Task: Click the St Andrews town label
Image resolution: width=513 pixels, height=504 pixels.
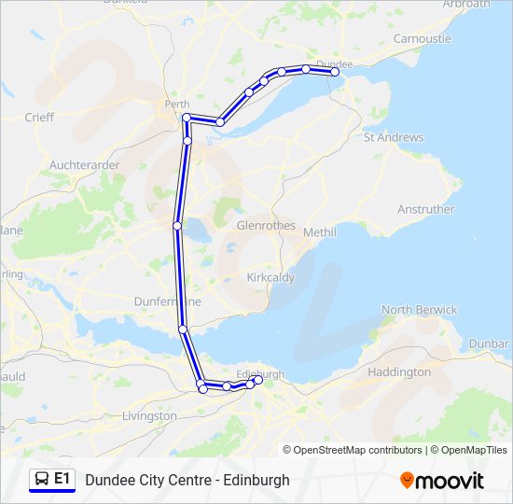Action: pos(393,137)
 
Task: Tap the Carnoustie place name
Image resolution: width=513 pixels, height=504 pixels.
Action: pos(422,38)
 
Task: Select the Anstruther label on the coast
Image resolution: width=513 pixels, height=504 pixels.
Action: pos(425,209)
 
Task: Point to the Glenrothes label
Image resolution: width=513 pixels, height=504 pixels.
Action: pos(266,226)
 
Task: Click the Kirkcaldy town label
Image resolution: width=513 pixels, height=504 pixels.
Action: pos(270,278)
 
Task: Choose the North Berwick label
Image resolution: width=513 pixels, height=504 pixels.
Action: pos(419,309)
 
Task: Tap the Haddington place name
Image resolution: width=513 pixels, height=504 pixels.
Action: pos(400,371)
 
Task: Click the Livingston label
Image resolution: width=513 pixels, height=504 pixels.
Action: pos(149,415)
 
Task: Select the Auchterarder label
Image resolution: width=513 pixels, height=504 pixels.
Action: pos(84,165)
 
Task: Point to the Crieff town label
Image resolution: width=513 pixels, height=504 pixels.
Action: pos(39,118)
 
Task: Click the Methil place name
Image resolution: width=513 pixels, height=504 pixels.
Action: pos(319,231)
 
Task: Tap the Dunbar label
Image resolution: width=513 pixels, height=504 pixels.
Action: pos(489,343)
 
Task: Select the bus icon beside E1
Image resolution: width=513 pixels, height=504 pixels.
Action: pos(41,480)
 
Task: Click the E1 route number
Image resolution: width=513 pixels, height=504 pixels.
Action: pos(62,480)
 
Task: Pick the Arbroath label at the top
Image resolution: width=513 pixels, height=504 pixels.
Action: pos(466,4)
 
